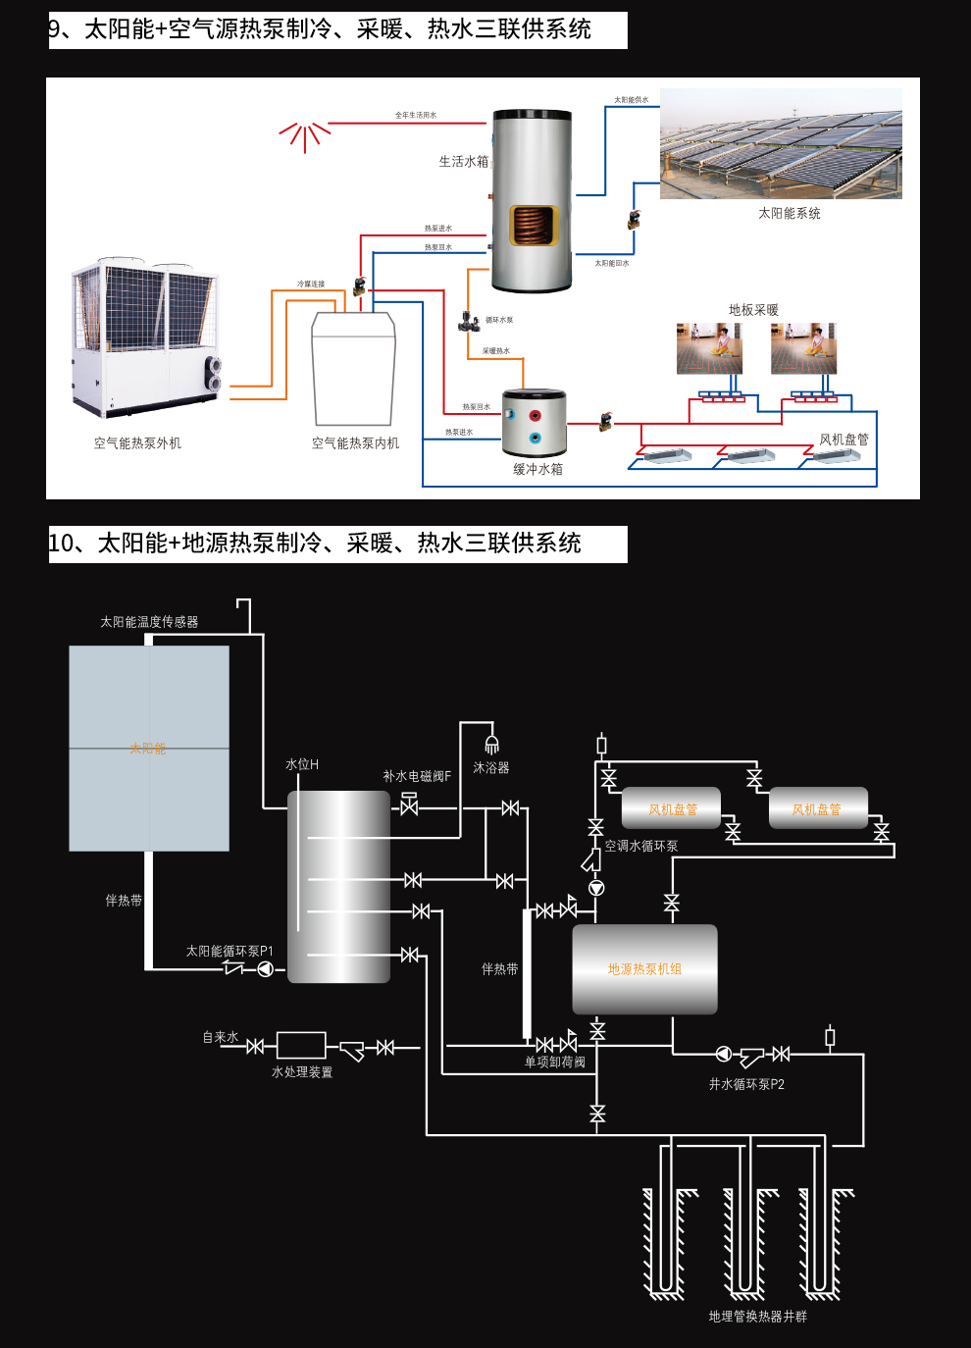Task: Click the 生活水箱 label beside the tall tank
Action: [x=463, y=162]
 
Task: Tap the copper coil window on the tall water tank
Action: [x=534, y=225]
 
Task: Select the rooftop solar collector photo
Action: [x=781, y=144]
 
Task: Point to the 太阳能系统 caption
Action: [x=789, y=213]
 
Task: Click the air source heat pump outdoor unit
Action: [x=145, y=337]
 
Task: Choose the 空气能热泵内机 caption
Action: [x=355, y=443]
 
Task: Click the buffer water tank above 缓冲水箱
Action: [x=534, y=422]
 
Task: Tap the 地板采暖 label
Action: [x=753, y=310]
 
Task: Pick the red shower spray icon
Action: [x=305, y=135]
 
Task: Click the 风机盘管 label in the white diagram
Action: [x=843, y=440]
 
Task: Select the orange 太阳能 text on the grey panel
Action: [x=148, y=749]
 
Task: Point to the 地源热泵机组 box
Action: [x=644, y=969]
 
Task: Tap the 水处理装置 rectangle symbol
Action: [x=301, y=1045]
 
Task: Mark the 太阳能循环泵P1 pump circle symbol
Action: [x=265, y=969]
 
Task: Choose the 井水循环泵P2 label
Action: [x=746, y=1084]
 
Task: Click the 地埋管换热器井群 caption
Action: [x=757, y=1317]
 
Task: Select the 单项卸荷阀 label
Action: [x=554, y=1063]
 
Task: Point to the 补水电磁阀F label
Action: [x=417, y=776]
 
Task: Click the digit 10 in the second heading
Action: [x=61, y=544]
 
